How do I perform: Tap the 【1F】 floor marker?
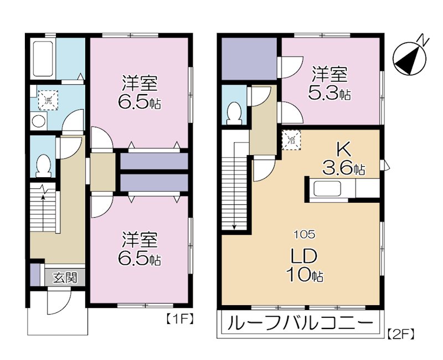click(x=179, y=319)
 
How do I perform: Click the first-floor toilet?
click(x=43, y=164)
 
